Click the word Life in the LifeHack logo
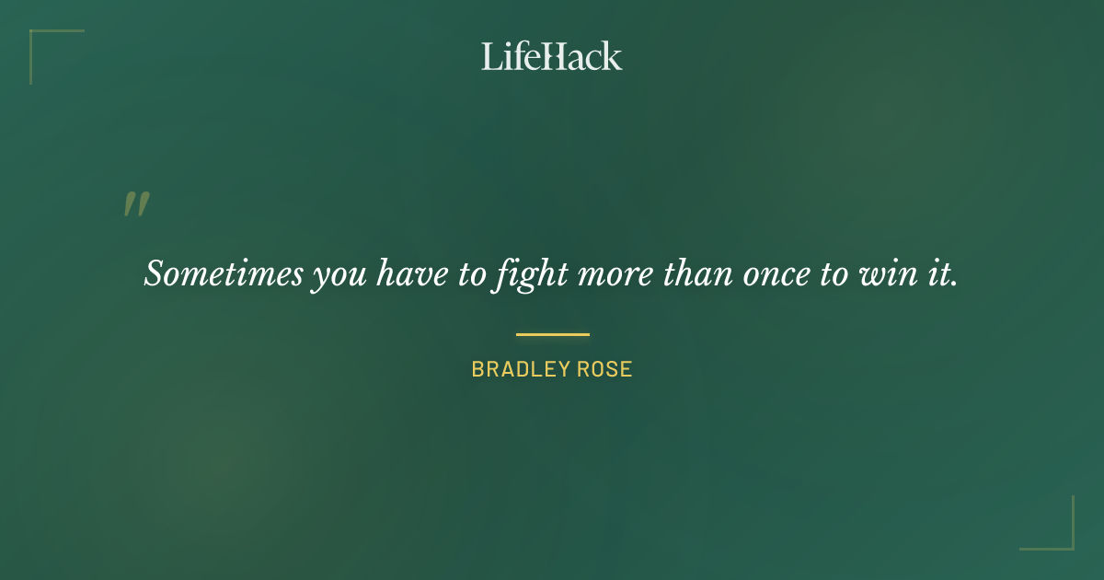click(509, 56)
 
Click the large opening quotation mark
click(136, 204)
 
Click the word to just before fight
click(469, 274)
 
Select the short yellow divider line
click(552, 334)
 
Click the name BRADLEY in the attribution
click(516, 370)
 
